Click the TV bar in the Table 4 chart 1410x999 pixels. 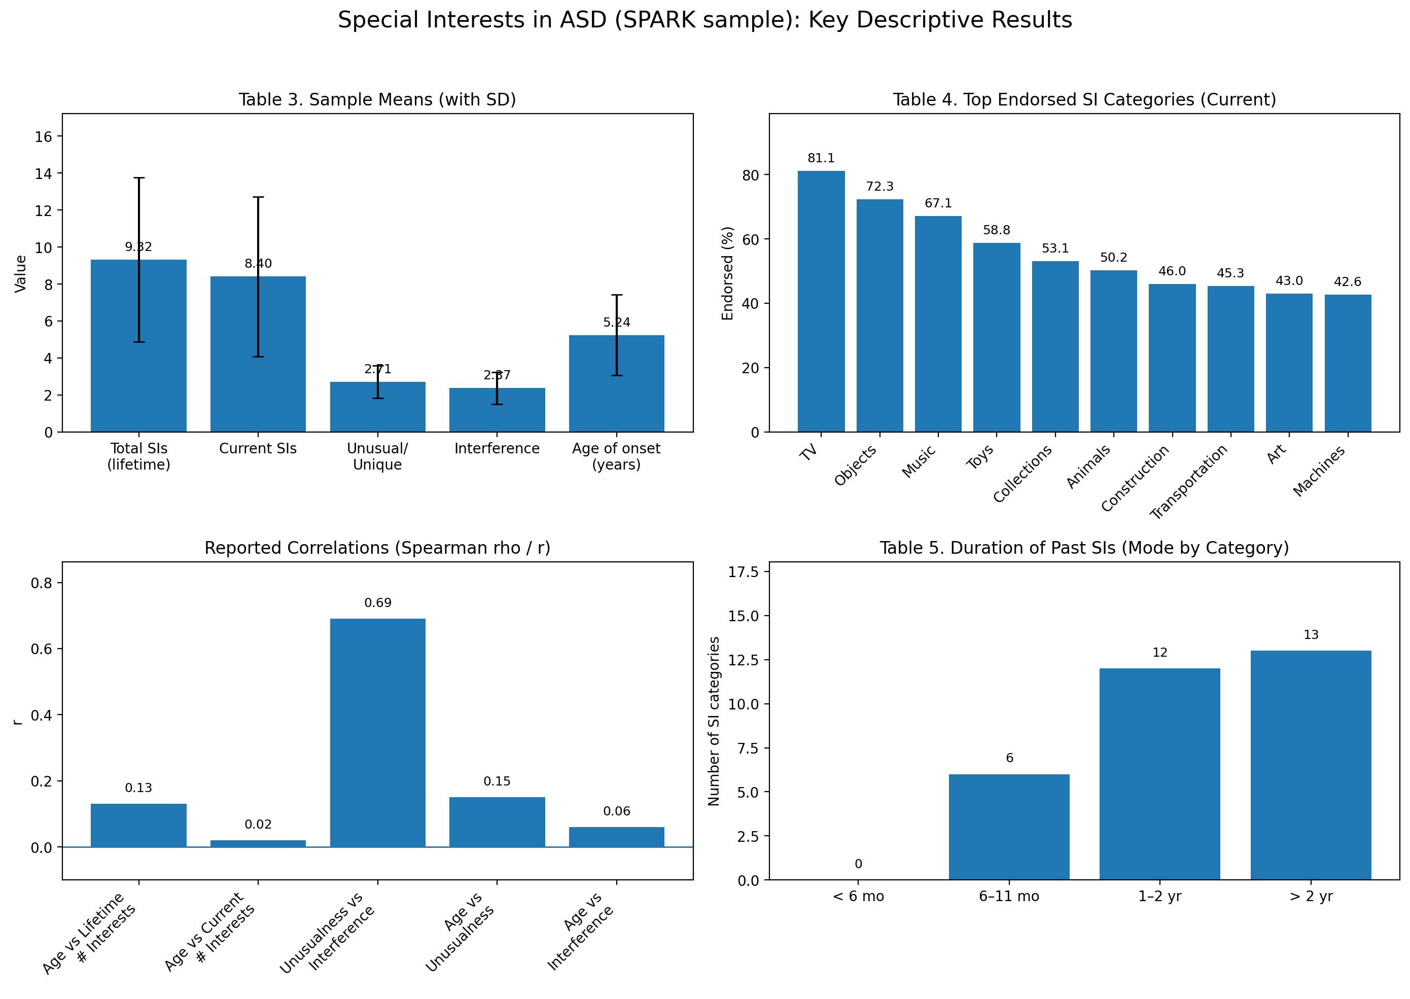821,301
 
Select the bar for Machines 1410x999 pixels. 1347,363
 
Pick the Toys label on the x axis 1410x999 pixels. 980,456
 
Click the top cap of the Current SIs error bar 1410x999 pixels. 258,197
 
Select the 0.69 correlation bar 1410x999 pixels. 377,732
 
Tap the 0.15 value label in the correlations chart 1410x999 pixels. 497,781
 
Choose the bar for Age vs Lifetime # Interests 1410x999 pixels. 138,825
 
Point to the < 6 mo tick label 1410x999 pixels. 858,896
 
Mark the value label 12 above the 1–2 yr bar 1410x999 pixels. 1159,652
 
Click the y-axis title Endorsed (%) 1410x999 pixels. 728,273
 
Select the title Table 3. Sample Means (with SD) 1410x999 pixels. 377,100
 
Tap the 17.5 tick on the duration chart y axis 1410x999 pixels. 743,572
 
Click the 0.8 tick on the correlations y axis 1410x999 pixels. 42,583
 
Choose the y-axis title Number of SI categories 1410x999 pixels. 714,721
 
